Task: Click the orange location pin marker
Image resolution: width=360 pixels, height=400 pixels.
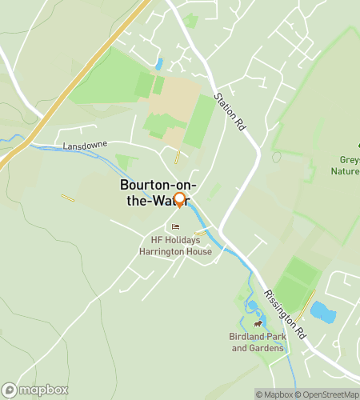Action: (x=179, y=200)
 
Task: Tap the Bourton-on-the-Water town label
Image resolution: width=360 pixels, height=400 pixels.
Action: (x=155, y=192)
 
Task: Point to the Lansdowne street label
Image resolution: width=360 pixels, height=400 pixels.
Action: (x=83, y=147)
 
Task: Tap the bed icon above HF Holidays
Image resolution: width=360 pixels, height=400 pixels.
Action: (x=176, y=227)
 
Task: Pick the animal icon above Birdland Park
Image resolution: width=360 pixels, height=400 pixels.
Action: (x=258, y=324)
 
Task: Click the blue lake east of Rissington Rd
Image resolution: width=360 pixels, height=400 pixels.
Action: (x=322, y=311)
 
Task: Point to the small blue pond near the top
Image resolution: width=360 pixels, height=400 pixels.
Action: (x=159, y=63)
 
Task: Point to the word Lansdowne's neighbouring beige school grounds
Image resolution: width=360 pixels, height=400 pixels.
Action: (x=172, y=100)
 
